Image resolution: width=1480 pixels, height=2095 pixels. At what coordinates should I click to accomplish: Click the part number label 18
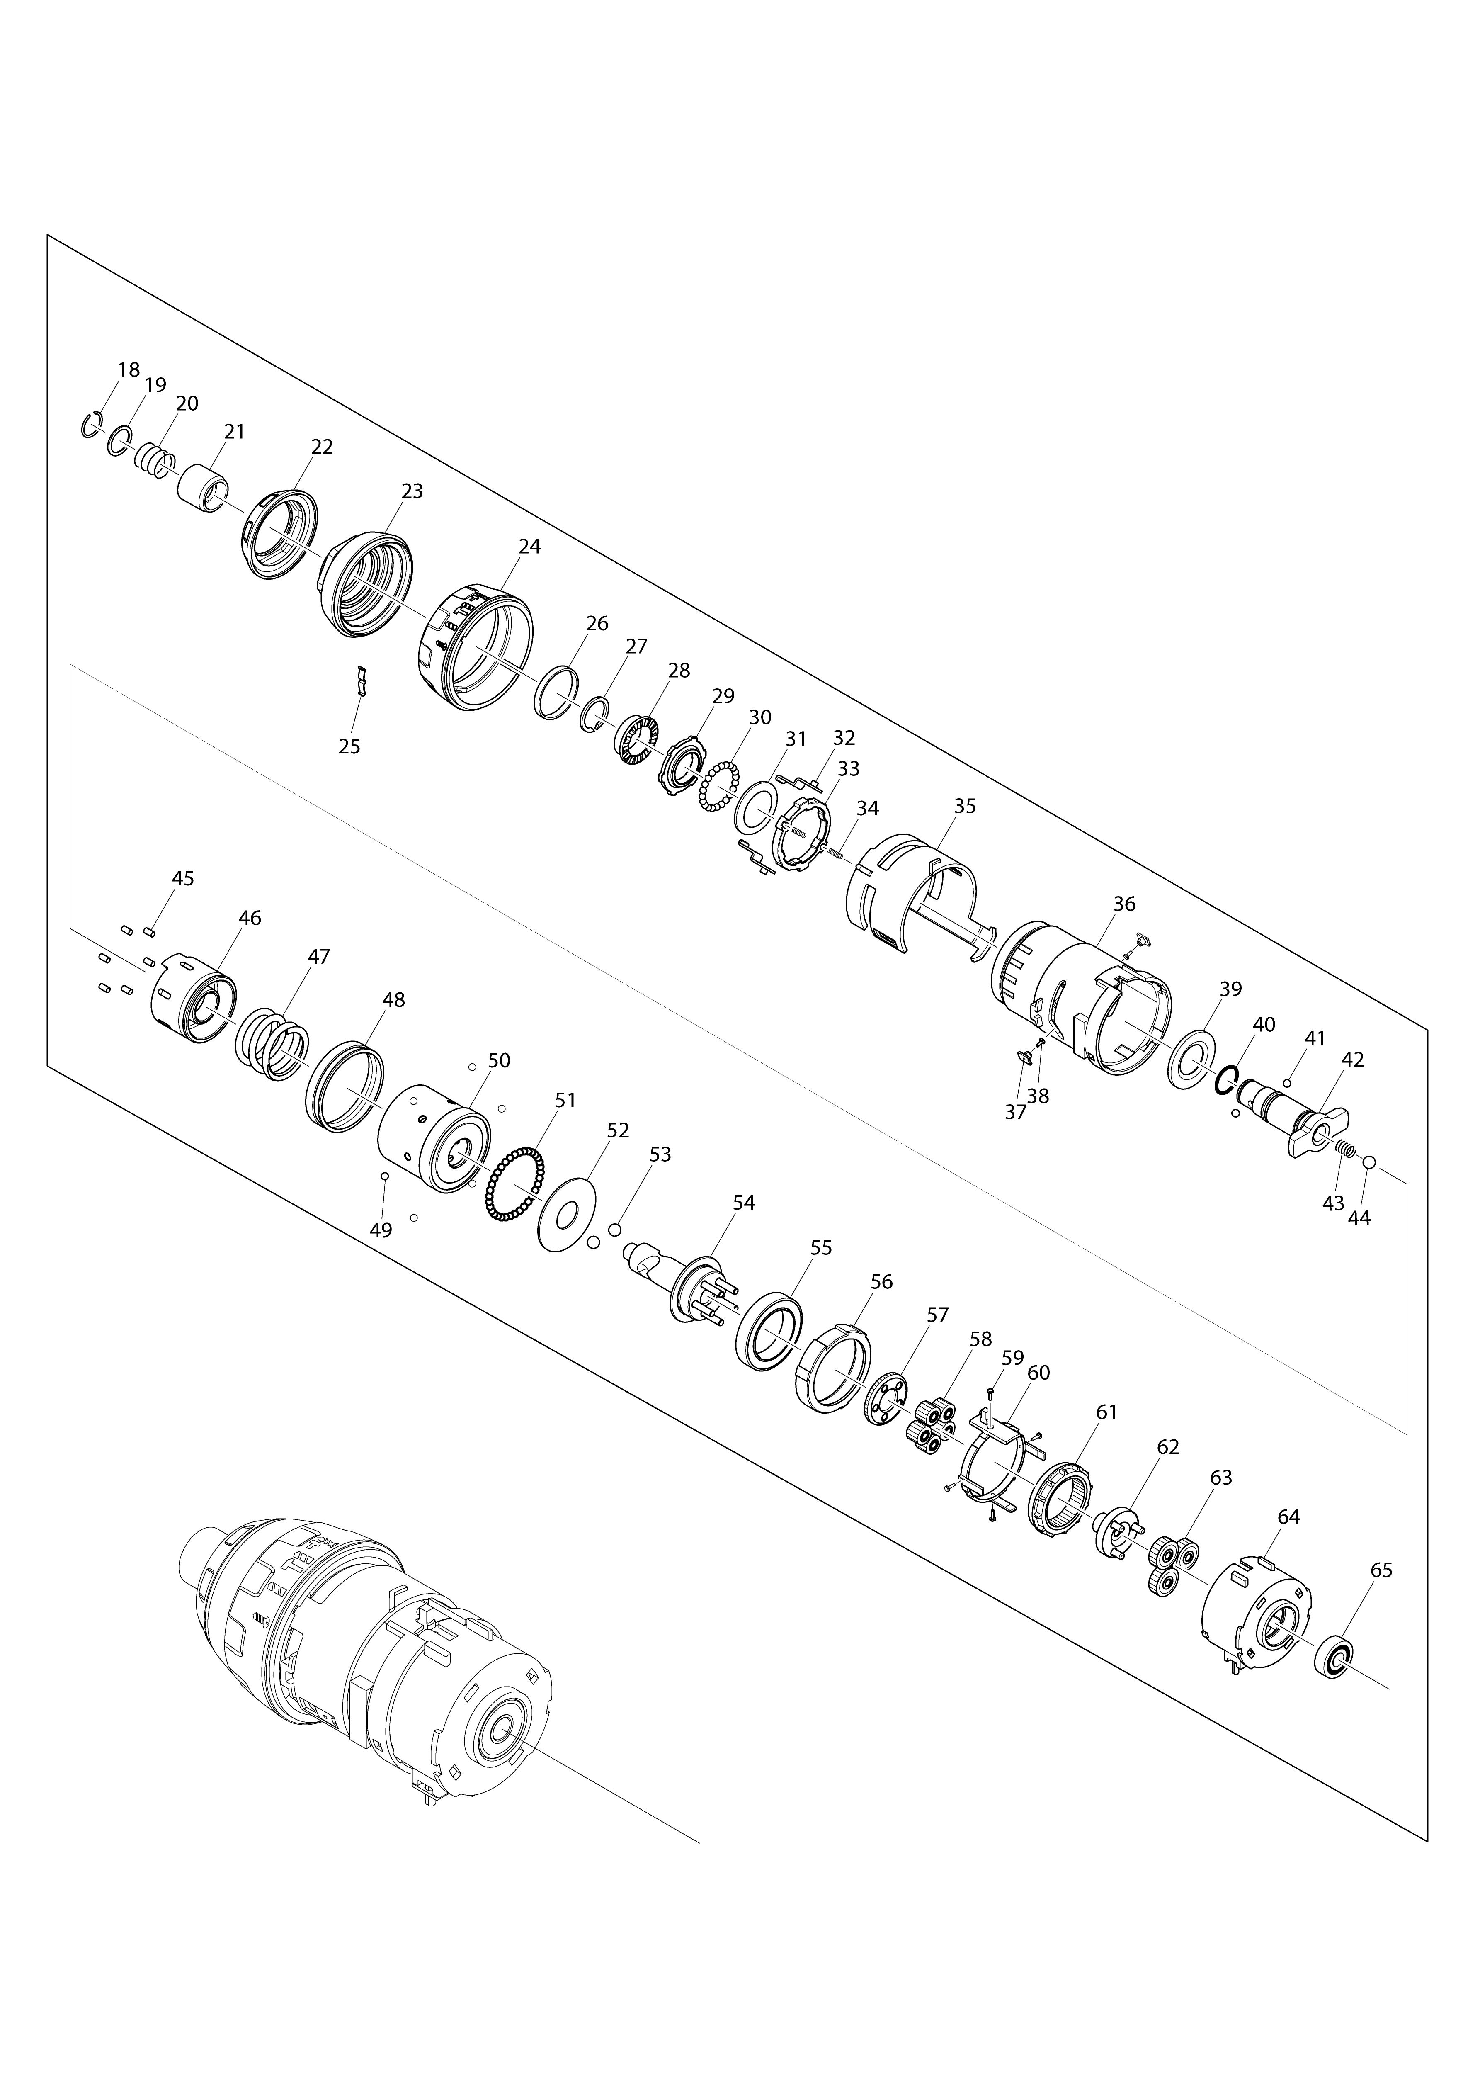click(129, 369)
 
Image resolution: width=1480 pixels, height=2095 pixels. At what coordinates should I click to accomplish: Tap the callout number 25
click(349, 746)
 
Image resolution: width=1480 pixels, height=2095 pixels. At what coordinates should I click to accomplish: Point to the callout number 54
click(744, 1203)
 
